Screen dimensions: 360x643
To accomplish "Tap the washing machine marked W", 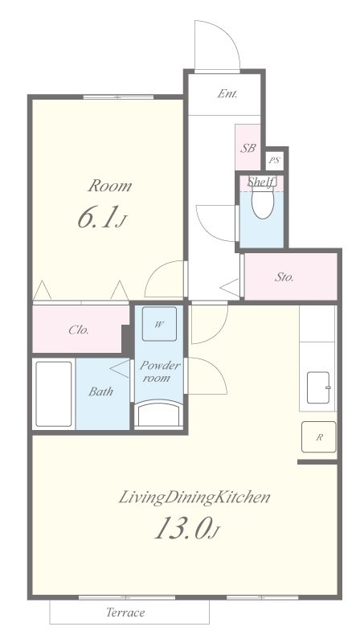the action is (159, 324).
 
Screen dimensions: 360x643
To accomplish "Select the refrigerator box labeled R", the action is (318, 436).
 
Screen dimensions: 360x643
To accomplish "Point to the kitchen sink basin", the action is (318, 387).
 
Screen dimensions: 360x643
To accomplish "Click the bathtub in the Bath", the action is (54, 394).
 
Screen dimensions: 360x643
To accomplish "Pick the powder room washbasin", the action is (159, 415).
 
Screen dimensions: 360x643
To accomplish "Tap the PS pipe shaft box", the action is (274, 160).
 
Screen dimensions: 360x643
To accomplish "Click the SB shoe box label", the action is (247, 148).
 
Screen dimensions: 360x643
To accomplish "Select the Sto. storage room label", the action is (284, 277).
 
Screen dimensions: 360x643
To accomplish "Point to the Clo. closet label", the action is (79, 330).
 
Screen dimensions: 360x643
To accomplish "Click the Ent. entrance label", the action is (227, 94).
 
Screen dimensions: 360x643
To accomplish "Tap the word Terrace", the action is (125, 612).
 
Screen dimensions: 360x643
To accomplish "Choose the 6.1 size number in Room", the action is (95, 218).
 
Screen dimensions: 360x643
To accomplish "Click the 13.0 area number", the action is (182, 528).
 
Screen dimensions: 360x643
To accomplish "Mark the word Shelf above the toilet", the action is (261, 182).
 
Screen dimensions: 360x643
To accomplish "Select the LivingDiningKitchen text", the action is (194, 498).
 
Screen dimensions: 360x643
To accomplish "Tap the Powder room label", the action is (159, 371).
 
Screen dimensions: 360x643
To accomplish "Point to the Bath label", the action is (101, 391).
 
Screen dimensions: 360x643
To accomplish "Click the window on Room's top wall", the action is (118, 97).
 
